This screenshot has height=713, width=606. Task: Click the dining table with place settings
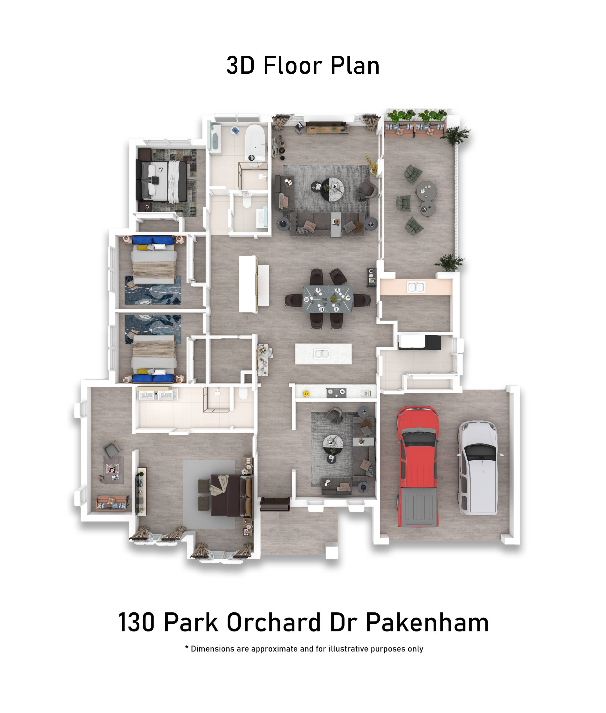tap(327, 299)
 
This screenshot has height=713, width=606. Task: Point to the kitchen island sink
tap(322, 353)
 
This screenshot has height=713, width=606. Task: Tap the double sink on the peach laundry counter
tap(416, 287)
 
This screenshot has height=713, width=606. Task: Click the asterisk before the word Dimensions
tap(187, 647)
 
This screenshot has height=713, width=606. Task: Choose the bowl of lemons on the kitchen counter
tap(306, 394)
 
